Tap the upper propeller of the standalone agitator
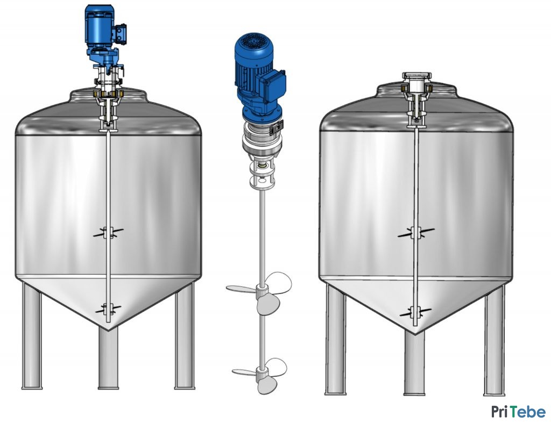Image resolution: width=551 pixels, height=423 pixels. [260, 292]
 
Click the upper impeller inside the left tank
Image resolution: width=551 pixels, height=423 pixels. [108, 232]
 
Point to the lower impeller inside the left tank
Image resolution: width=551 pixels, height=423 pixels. [108, 309]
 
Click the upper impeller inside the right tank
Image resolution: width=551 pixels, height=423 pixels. [416, 232]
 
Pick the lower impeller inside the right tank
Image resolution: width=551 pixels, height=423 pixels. [416, 311]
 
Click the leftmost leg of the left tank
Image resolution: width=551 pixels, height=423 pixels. [32, 335]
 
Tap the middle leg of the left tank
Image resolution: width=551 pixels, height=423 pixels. [108, 358]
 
